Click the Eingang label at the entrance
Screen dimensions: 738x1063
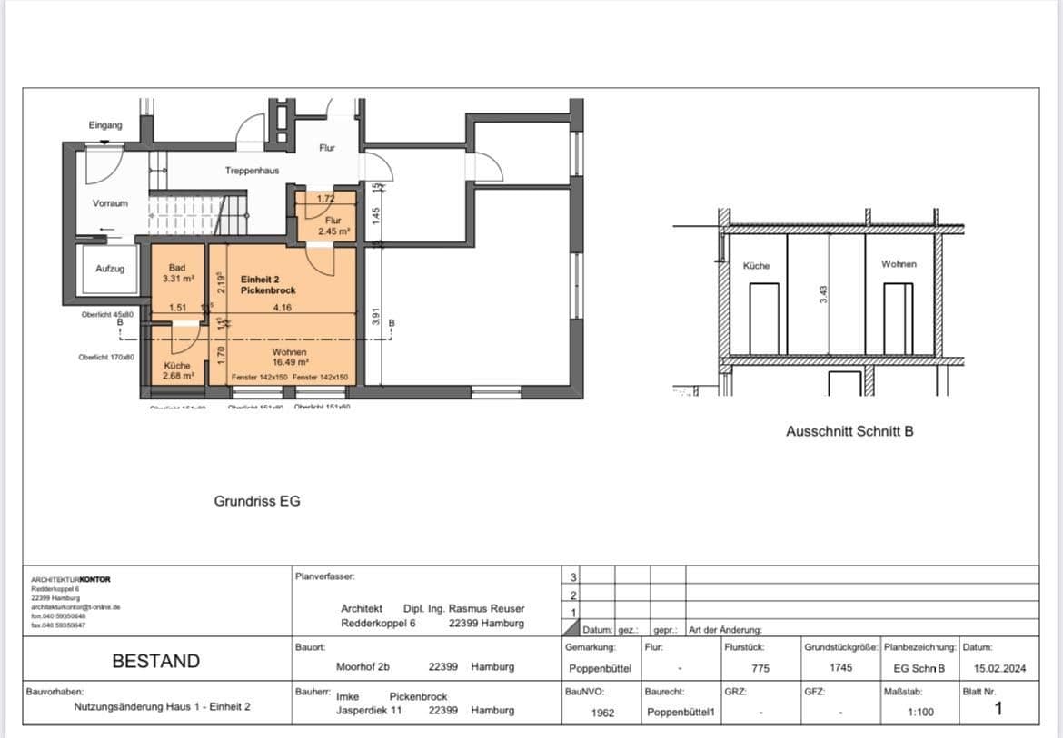point(105,125)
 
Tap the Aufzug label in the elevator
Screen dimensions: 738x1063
point(110,269)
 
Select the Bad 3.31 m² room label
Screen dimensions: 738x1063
point(177,273)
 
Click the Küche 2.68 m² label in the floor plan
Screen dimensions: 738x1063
point(177,370)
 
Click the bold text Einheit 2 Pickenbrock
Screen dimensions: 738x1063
point(268,284)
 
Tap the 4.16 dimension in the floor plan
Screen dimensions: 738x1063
point(282,309)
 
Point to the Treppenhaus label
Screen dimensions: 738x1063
point(252,171)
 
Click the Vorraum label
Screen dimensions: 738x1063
point(110,203)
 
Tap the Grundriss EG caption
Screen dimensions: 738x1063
point(257,501)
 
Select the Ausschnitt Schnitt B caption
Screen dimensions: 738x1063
point(849,432)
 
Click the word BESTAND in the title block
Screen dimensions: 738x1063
point(155,662)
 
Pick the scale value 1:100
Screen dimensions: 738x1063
point(919,713)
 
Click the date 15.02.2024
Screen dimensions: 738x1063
point(999,668)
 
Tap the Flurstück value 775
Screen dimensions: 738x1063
point(760,668)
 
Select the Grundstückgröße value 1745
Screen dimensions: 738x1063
point(840,668)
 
